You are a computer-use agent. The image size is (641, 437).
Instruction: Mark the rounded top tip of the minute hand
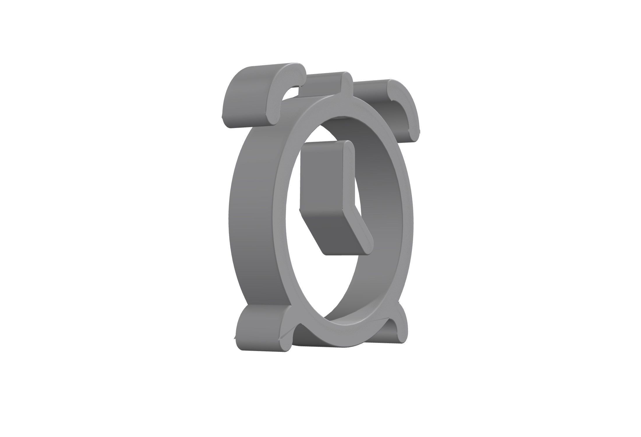[348, 146]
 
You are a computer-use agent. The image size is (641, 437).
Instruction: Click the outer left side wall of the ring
[250, 218]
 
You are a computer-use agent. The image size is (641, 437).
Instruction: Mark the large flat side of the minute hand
[320, 175]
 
